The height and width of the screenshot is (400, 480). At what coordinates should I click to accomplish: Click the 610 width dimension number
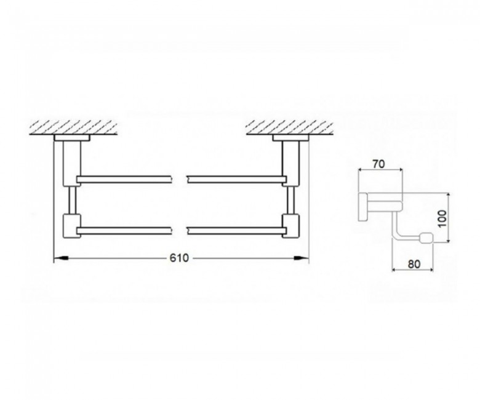coord(180,258)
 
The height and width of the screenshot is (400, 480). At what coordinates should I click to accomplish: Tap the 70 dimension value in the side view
coord(378,164)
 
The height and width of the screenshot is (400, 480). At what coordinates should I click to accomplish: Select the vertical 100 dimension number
coord(442,218)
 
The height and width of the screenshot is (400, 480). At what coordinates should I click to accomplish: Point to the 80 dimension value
coord(414,264)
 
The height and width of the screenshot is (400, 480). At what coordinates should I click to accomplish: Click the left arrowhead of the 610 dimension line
coord(60,258)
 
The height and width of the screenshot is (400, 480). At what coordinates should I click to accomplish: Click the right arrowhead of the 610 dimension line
coord(301,258)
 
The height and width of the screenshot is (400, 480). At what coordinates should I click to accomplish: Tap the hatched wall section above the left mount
coord(73,127)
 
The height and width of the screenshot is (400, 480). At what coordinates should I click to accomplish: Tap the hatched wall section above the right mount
coord(290,127)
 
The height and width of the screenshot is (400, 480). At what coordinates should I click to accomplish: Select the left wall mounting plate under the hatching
coord(72,138)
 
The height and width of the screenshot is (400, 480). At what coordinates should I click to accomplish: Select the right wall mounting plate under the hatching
coord(291,138)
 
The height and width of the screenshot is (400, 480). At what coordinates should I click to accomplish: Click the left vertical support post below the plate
coord(72,164)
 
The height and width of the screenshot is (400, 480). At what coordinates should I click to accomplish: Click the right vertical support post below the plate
coord(291,164)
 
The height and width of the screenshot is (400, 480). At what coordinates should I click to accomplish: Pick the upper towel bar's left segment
coord(124,179)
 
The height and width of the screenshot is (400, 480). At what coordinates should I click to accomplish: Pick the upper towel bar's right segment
coord(237,179)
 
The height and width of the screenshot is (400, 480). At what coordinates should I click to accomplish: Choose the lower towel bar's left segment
coord(124,231)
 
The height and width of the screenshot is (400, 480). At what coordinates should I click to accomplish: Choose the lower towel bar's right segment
coord(237,231)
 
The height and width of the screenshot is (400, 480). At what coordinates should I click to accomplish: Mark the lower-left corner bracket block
coord(71,226)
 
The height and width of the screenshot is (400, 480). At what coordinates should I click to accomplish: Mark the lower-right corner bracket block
coord(291,226)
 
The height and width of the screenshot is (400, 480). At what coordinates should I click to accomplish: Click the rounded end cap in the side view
coord(426,238)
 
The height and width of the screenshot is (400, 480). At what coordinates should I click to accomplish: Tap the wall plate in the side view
coord(362,207)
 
